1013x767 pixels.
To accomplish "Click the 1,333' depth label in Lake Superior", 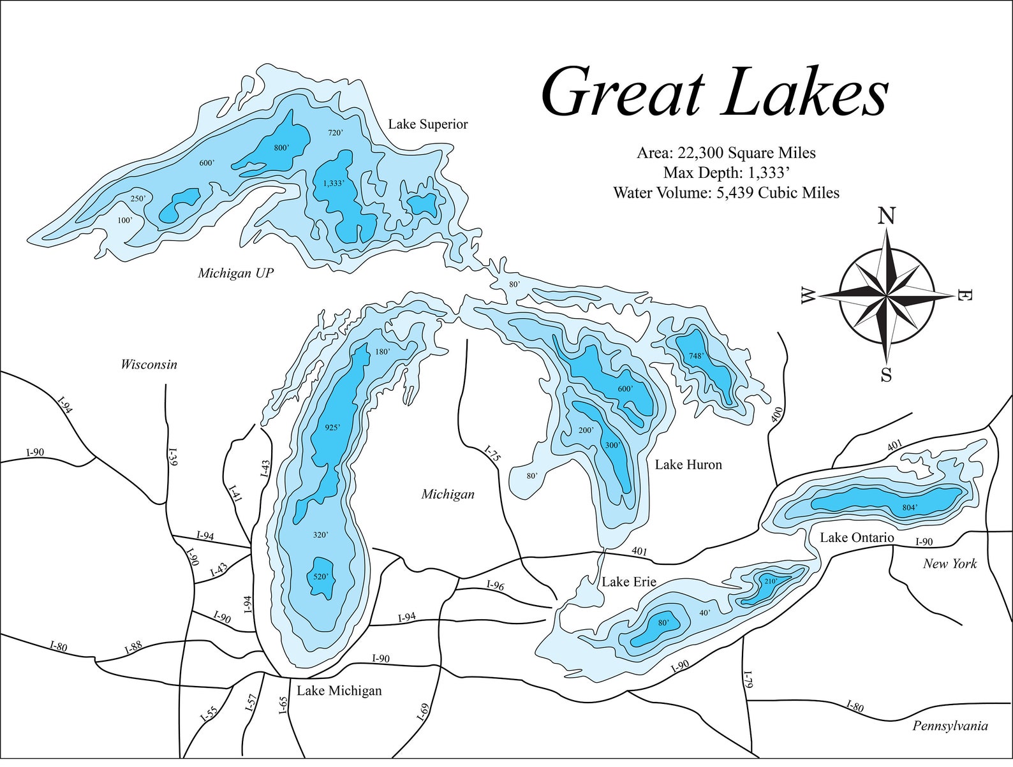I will coord(334,183).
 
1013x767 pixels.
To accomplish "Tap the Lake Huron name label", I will coord(688,465).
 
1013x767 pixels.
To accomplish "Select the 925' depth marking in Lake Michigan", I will coord(332,428).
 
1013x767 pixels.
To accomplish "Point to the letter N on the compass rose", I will coord(886,217).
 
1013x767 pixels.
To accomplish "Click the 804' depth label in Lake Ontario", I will coord(910,508).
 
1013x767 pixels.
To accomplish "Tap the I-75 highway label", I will coord(492,454).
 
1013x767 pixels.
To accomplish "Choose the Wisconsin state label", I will coord(149,365).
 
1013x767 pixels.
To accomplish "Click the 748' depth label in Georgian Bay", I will coord(696,356).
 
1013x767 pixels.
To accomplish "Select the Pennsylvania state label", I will coord(950,726).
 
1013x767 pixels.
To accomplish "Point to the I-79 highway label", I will coord(748,680).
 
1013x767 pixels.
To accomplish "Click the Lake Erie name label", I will coord(629,581).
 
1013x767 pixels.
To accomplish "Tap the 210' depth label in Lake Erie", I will coord(769,581).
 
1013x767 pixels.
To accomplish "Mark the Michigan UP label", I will coord(235,274).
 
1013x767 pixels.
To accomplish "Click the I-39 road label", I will coord(172,459).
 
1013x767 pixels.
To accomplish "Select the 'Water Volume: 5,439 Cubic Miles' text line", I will coord(726,193).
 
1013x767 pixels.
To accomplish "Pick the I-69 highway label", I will coord(422,712).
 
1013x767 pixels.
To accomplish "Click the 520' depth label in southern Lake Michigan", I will coord(320,576).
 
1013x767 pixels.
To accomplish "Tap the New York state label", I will coord(950,564).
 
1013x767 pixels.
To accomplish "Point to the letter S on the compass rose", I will coord(886,375).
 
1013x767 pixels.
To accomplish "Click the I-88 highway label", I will coord(133,648).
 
